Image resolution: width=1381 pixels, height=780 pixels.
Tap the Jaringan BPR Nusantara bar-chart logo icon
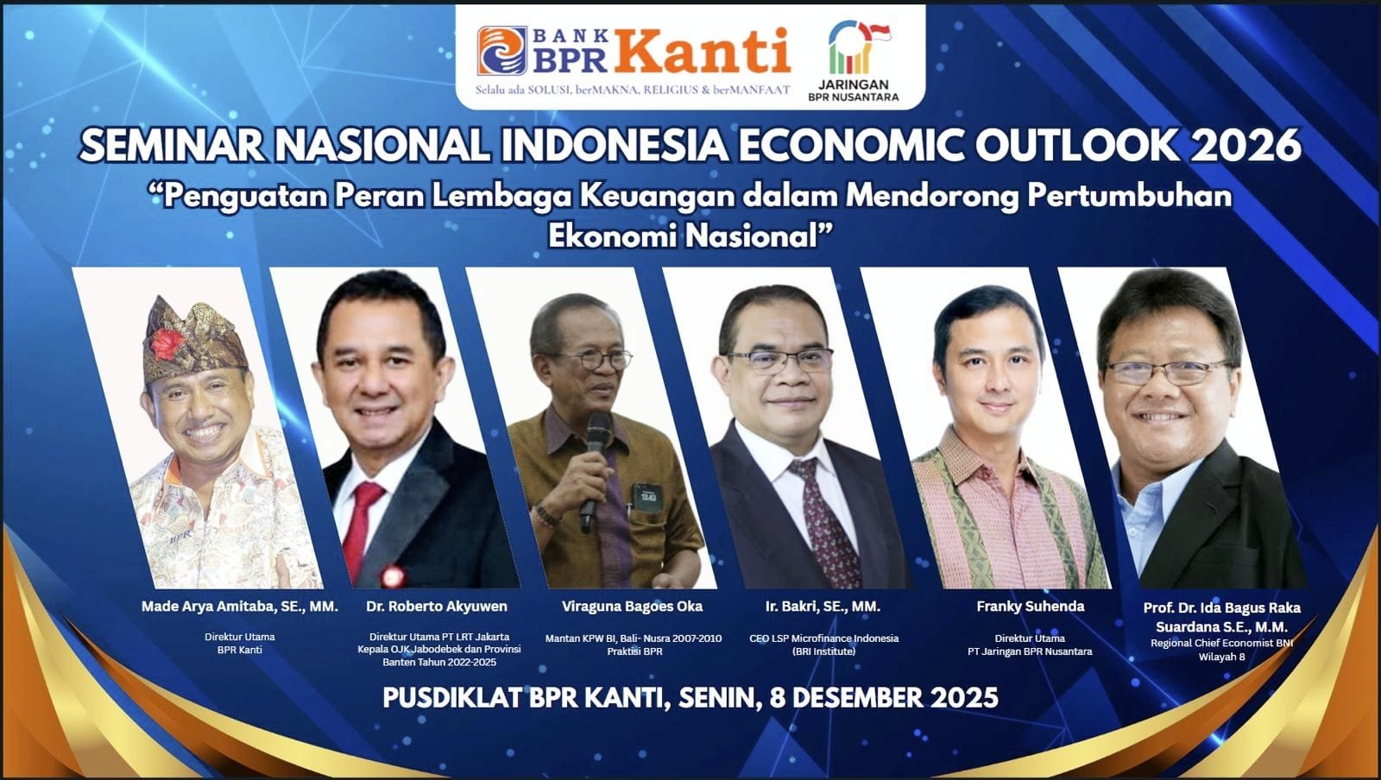point(858,47)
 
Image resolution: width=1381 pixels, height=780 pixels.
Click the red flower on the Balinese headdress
point(165,343)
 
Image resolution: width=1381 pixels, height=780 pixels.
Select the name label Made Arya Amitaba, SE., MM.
point(240,607)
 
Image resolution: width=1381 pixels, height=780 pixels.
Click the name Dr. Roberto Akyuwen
point(437,607)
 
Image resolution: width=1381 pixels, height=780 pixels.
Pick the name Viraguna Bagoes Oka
point(632,607)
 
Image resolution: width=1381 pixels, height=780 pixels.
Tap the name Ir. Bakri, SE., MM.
point(823,607)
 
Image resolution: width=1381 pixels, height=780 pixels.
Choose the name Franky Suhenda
point(1031,607)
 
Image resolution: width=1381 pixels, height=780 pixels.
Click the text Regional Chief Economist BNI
point(1221,643)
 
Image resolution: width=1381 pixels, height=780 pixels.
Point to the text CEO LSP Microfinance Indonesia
point(823,638)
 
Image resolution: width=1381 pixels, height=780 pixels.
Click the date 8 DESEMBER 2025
point(884,698)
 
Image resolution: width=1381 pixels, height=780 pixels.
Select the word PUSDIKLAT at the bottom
point(451,698)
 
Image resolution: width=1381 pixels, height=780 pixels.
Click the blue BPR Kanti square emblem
point(501,51)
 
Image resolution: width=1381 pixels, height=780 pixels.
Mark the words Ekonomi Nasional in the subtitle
point(690,236)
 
